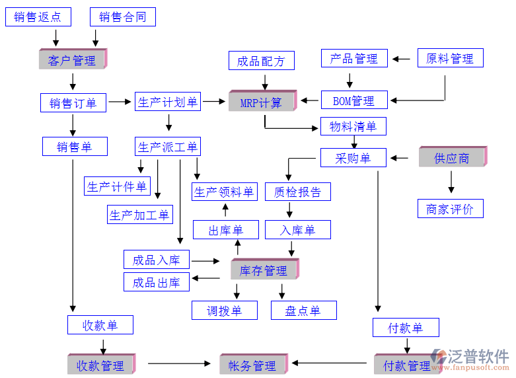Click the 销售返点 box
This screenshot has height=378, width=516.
38,17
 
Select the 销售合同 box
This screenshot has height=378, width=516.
123,17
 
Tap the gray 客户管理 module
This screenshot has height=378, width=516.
72,60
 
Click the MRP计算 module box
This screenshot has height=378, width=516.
260,102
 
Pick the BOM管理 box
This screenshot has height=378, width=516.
353,100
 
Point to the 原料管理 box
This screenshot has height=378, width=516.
450,58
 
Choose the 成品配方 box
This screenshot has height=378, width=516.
261,61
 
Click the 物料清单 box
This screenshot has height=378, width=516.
353,126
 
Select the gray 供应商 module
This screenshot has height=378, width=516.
452,157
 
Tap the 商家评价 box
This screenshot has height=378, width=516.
450,209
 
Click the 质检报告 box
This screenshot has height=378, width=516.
297,192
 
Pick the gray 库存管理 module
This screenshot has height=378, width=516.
264,270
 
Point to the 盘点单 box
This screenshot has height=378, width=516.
303,310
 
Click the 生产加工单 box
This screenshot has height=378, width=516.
139,214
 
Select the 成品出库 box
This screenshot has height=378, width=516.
157,282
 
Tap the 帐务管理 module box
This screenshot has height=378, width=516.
252,365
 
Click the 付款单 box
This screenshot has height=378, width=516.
406,327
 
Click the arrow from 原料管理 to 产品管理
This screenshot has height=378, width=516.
400,59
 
